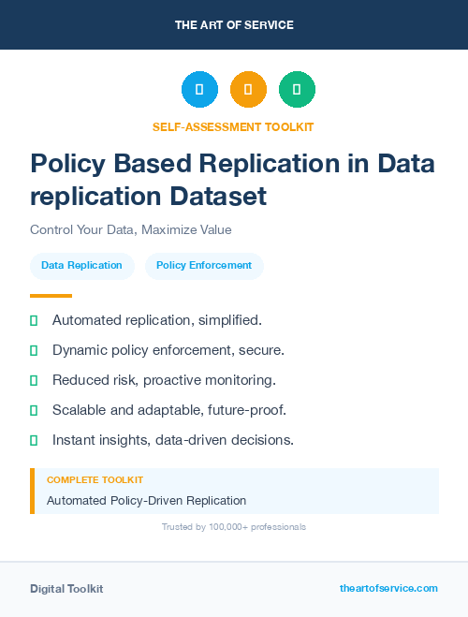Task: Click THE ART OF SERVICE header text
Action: (x=234, y=25)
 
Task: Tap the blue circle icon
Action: (x=199, y=89)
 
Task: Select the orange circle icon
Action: (x=248, y=89)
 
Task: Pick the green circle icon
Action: (x=297, y=89)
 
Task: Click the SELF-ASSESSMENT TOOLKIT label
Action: (x=233, y=126)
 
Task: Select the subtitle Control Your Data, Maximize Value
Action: (x=130, y=229)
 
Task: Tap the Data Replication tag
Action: (x=81, y=265)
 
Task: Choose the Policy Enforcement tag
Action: (x=204, y=265)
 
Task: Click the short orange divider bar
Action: (x=51, y=296)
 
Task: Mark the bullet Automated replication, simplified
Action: (x=156, y=320)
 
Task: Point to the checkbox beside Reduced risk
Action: (x=34, y=380)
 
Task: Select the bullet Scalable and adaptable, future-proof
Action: (x=168, y=410)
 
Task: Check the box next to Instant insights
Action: (x=34, y=440)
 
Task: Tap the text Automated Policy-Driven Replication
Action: (x=146, y=500)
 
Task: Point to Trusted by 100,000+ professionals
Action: (x=233, y=527)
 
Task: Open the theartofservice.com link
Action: (x=388, y=588)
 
